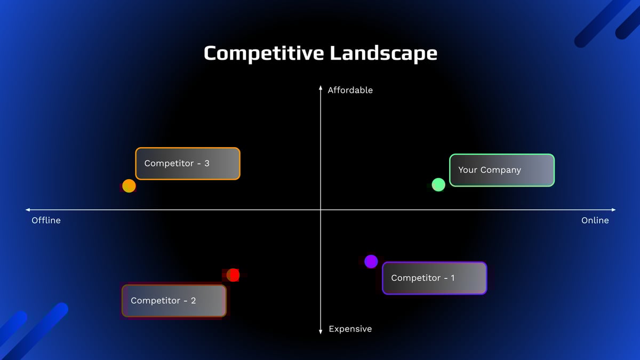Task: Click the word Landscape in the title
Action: [383, 53]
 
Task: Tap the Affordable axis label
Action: [350, 90]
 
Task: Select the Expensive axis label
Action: [350, 329]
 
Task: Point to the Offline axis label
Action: [46, 220]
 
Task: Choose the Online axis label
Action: [595, 220]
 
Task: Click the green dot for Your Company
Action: [438, 185]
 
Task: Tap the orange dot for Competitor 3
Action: [129, 186]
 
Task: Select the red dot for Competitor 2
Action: [233, 275]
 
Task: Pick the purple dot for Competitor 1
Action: [371, 261]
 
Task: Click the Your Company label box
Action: [502, 170]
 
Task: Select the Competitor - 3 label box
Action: [188, 164]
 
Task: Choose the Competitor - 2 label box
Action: [174, 301]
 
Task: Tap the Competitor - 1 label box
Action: [434, 278]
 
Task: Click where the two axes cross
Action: [321, 210]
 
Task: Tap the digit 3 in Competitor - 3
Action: [207, 163]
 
